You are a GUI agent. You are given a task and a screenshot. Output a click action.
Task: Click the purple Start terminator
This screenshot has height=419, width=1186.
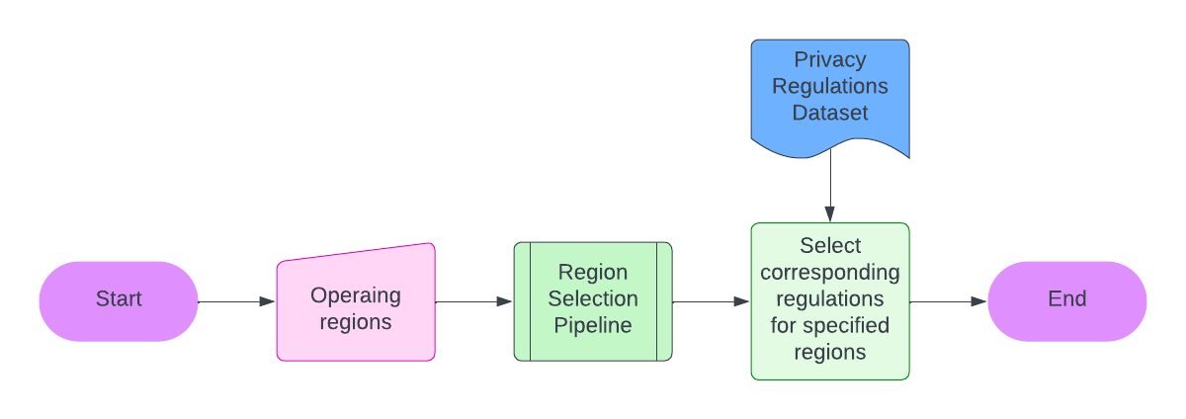[x=119, y=300]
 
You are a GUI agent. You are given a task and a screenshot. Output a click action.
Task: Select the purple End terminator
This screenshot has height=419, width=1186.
[x=1067, y=300]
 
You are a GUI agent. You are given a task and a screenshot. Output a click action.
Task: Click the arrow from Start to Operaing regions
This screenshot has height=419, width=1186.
[x=237, y=301]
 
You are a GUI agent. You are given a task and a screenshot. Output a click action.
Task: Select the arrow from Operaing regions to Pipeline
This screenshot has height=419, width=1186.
[x=474, y=301]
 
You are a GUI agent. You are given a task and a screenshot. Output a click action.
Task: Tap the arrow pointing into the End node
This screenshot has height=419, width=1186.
[x=949, y=301]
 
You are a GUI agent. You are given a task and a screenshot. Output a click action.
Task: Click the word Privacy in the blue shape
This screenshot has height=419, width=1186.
[x=830, y=60]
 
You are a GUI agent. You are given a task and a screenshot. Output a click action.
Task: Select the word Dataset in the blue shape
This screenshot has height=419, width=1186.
[x=830, y=113]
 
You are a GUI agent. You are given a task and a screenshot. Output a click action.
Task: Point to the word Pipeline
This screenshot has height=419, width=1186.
[x=593, y=325]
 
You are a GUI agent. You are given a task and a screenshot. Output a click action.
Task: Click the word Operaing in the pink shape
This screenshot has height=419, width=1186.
[x=356, y=295]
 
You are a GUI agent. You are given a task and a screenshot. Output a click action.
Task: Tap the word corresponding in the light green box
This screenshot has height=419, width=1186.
[x=830, y=272]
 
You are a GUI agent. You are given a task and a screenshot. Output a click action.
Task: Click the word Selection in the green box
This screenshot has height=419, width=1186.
[x=593, y=298]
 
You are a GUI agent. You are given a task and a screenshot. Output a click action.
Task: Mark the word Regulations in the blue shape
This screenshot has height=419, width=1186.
[x=830, y=86]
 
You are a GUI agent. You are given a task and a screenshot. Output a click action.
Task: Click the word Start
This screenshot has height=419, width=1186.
[x=119, y=299]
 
